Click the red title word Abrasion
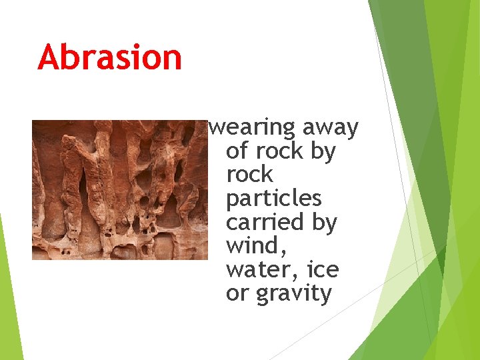tap(110, 57)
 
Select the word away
tap(331, 128)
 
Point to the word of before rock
tap(237, 151)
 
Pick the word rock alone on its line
tap(250, 175)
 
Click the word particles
tap(274, 199)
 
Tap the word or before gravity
tap(237, 294)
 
